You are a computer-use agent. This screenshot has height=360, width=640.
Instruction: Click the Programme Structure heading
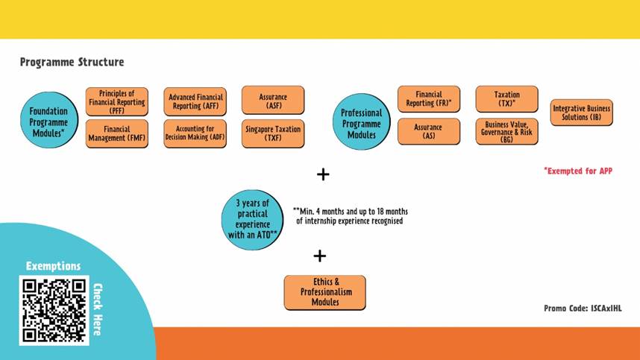pyautogui.click(x=72, y=62)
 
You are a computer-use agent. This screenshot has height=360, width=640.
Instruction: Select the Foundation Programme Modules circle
pyautogui.click(x=49, y=120)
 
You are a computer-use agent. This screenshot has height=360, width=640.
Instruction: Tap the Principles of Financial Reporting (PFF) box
pyautogui.click(x=116, y=101)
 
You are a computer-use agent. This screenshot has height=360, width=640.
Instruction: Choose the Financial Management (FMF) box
pyautogui.click(x=116, y=133)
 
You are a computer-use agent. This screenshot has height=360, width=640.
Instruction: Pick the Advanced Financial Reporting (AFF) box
pyautogui.click(x=195, y=101)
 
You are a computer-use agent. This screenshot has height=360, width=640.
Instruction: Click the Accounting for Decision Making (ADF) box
pyautogui.click(x=195, y=133)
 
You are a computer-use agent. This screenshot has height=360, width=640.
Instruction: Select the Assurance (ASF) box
pyautogui.click(x=273, y=101)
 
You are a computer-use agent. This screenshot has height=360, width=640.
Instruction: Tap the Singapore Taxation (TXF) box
pyautogui.click(x=273, y=133)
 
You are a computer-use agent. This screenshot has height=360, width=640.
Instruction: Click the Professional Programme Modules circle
pyautogui.click(x=361, y=121)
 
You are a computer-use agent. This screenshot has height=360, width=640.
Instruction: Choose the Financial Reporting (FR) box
pyautogui.click(x=429, y=99)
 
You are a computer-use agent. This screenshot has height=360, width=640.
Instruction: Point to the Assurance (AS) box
pyautogui.click(x=429, y=131)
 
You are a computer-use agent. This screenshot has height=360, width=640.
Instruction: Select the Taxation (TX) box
pyautogui.click(x=507, y=99)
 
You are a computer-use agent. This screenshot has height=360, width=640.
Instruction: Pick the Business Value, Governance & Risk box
pyautogui.click(x=507, y=131)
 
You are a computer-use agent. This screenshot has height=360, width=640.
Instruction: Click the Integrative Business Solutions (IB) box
pyautogui.click(x=582, y=113)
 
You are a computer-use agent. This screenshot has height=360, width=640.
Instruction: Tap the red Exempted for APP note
pyautogui.click(x=578, y=171)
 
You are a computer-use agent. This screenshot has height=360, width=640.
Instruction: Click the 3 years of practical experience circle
pyautogui.click(x=252, y=220)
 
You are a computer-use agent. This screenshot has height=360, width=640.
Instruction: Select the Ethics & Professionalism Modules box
pyautogui.click(x=325, y=292)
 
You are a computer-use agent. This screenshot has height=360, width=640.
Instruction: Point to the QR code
pyautogui.click(x=54, y=310)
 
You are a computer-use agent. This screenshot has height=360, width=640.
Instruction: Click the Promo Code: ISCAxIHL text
pyautogui.click(x=583, y=309)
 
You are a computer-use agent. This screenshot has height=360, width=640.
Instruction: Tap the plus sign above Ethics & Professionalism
pyautogui.click(x=320, y=256)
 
